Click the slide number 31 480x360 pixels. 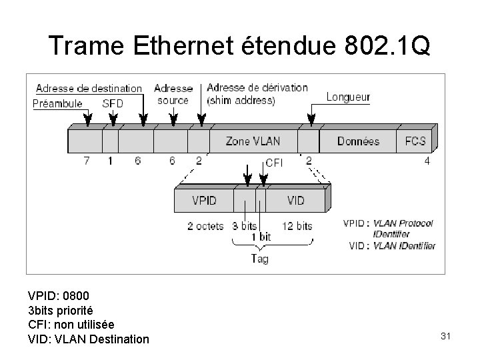pyautogui.click(x=446, y=336)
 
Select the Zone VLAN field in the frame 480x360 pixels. pyautogui.click(x=253, y=141)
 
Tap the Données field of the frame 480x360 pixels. pyautogui.click(x=358, y=141)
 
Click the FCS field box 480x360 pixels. pyautogui.click(x=415, y=141)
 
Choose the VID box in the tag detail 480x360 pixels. pyautogui.click(x=295, y=200)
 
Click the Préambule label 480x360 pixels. pyautogui.click(x=57, y=103)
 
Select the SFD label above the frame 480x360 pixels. pyautogui.click(x=113, y=103)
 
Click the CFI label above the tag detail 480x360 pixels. pyautogui.click(x=274, y=162)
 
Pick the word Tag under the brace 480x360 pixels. pyautogui.click(x=259, y=259)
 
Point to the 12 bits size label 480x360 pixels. pyautogui.click(x=297, y=226)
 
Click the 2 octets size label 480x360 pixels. pyautogui.click(x=205, y=226)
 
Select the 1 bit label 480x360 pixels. pyautogui.click(x=261, y=237)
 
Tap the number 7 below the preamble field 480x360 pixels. pyautogui.click(x=87, y=161)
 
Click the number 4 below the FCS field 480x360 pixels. pyautogui.click(x=426, y=161)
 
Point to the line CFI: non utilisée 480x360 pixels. pyautogui.click(x=71, y=325)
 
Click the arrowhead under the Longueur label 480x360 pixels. pyautogui.click(x=310, y=121)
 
